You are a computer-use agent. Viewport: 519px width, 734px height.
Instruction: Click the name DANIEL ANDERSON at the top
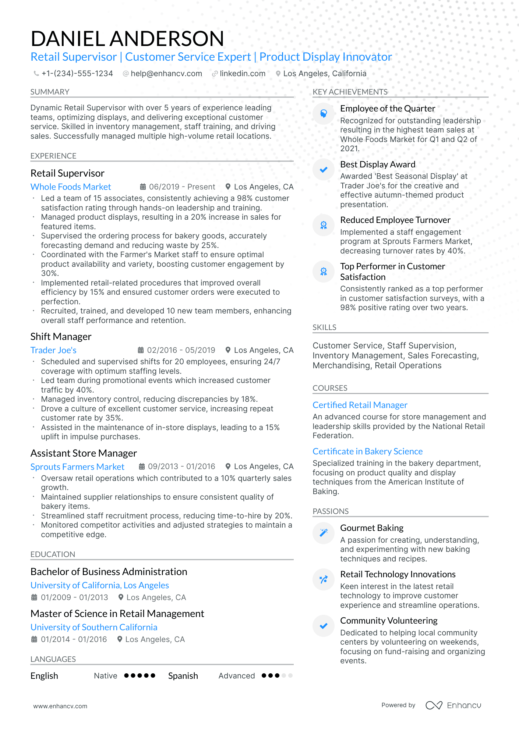pyautogui.click(x=127, y=39)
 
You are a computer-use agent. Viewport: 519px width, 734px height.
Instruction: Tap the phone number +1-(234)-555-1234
pyautogui.click(x=77, y=74)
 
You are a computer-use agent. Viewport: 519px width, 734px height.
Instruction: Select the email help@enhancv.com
pyautogui.click(x=166, y=74)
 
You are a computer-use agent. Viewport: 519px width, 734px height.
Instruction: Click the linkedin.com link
pyautogui.click(x=242, y=74)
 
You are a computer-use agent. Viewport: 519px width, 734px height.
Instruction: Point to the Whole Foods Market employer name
pyautogui.click(x=71, y=187)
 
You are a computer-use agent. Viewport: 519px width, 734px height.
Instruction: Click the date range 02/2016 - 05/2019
pyautogui.click(x=181, y=350)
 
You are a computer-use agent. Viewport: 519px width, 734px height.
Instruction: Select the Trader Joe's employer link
pyautogui.click(x=53, y=350)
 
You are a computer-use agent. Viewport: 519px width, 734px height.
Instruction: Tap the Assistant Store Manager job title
pyautogui.click(x=84, y=453)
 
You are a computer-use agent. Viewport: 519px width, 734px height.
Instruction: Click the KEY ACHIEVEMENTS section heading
pyautogui.click(x=350, y=92)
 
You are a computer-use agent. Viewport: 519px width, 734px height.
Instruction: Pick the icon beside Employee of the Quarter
pyautogui.click(x=323, y=114)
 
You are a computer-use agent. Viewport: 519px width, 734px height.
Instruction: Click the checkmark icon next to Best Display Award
pyautogui.click(x=323, y=170)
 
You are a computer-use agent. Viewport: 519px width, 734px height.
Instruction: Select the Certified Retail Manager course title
pyautogui.click(x=360, y=405)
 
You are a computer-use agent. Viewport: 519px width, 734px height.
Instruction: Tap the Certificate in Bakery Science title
pyautogui.click(x=367, y=451)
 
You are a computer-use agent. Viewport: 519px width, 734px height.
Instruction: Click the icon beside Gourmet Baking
pyautogui.click(x=323, y=533)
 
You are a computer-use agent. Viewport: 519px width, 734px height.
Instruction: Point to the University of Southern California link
pyautogui.click(x=94, y=627)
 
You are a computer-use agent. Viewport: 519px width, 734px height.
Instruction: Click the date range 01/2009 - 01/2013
pyautogui.click(x=74, y=598)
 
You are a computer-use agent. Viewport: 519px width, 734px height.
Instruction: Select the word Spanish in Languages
pyautogui.click(x=183, y=676)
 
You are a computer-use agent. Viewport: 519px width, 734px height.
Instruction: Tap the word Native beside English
pyautogui.click(x=105, y=676)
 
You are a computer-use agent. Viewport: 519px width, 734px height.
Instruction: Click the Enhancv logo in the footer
pyautogui.click(x=453, y=705)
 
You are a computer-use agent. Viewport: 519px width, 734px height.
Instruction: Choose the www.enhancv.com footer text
pyautogui.click(x=60, y=706)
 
